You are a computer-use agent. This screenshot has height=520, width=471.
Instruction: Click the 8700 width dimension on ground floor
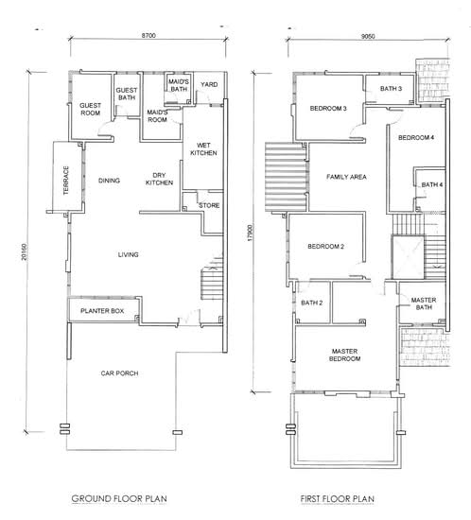[x=148, y=35]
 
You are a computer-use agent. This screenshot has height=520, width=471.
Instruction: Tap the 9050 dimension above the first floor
[x=368, y=36]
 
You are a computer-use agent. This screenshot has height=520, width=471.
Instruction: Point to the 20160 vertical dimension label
[x=24, y=251]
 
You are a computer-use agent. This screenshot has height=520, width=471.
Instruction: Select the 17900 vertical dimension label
[x=251, y=233]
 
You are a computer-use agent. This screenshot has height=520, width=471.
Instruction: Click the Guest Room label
[x=90, y=109]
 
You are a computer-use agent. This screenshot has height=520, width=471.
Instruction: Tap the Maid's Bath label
[x=179, y=85]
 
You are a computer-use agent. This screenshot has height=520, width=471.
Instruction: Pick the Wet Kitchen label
[x=203, y=148]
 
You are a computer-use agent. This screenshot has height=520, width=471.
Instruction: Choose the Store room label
[x=209, y=205]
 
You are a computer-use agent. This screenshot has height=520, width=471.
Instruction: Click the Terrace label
[x=66, y=180]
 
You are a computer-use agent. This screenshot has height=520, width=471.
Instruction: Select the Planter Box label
[x=102, y=311]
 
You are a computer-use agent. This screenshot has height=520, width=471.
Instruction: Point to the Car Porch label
[x=119, y=373]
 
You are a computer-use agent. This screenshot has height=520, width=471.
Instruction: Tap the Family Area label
[x=346, y=177]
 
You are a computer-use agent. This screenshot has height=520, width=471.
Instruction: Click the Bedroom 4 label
[x=416, y=137]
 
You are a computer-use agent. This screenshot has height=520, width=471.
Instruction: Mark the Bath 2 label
[x=312, y=303]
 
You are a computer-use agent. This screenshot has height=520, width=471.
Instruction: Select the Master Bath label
[x=424, y=303]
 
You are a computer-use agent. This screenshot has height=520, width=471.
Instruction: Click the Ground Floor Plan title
[x=119, y=498]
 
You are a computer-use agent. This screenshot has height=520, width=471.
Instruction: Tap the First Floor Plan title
[x=338, y=498]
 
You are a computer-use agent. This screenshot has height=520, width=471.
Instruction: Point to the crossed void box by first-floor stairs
[x=408, y=257]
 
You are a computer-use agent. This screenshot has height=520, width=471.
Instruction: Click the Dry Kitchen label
[x=159, y=179]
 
